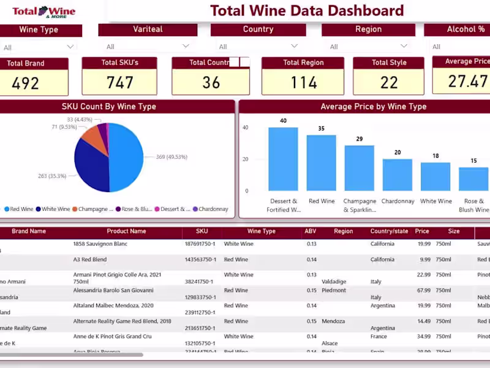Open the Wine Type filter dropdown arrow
pos(70,47)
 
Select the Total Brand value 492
pos(25,83)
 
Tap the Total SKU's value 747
pos(119,83)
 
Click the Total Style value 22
pos(389,83)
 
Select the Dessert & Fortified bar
pos(283,159)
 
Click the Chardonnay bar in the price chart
pos(398,175)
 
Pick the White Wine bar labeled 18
pos(435,177)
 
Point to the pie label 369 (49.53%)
pos(171,158)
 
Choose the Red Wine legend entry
pos(19,209)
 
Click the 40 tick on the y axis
pos(246,128)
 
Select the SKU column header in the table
pos(202,232)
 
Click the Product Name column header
pos(126,232)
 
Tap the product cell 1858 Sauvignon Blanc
pos(100,244)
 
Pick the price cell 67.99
pos(422,291)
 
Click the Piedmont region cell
pos(334,291)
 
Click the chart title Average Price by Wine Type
pos(364,107)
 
